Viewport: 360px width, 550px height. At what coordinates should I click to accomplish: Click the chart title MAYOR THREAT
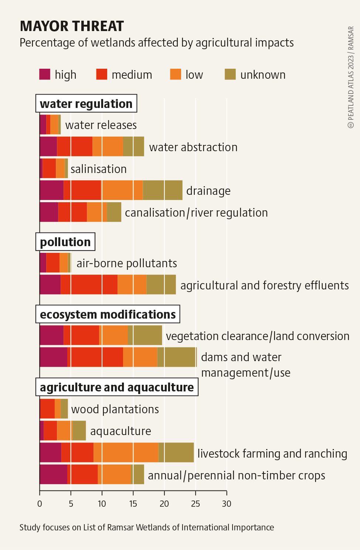pyautogui.click(x=72, y=26)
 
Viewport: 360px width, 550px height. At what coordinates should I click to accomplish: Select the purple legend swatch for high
pyautogui.click(x=45, y=74)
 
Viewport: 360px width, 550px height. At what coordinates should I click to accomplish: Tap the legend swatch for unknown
pyautogui.click(x=230, y=74)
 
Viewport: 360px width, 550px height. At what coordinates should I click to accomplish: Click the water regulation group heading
pyautogui.click(x=86, y=103)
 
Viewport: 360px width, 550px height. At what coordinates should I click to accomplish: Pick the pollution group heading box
pyautogui.click(x=65, y=242)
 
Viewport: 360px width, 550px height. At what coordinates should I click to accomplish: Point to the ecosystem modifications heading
pyautogui.click(x=108, y=314)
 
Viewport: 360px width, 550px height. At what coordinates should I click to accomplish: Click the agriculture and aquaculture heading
pyautogui.click(x=117, y=387)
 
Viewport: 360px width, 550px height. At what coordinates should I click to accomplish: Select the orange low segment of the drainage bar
pyautogui.click(x=122, y=190)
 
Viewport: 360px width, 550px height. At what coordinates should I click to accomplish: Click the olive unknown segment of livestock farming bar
pyautogui.click(x=176, y=452)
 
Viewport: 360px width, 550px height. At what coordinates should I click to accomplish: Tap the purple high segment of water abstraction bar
pyautogui.click(x=48, y=146)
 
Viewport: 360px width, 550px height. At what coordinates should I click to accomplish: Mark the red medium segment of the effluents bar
pyautogui.click(x=89, y=285)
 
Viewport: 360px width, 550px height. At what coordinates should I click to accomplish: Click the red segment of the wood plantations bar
pyautogui.click(x=47, y=408)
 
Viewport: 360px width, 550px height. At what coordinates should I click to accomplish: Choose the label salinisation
pyautogui.click(x=99, y=169)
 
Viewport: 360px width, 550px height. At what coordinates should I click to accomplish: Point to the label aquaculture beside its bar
pyautogui.click(x=120, y=431)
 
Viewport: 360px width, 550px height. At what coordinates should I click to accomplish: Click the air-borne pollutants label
pyautogui.click(x=127, y=263)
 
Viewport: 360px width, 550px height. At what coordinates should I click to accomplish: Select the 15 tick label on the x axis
pyautogui.click(x=133, y=504)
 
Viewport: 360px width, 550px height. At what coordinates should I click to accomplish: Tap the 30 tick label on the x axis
pyautogui.click(x=227, y=504)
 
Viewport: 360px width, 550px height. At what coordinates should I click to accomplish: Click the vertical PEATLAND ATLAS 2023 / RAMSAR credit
pyautogui.click(x=351, y=77)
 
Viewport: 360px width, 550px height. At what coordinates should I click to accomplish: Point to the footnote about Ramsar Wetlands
pyautogui.click(x=147, y=527)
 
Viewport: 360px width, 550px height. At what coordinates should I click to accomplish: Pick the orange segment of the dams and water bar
pyautogui.click(x=140, y=357)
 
